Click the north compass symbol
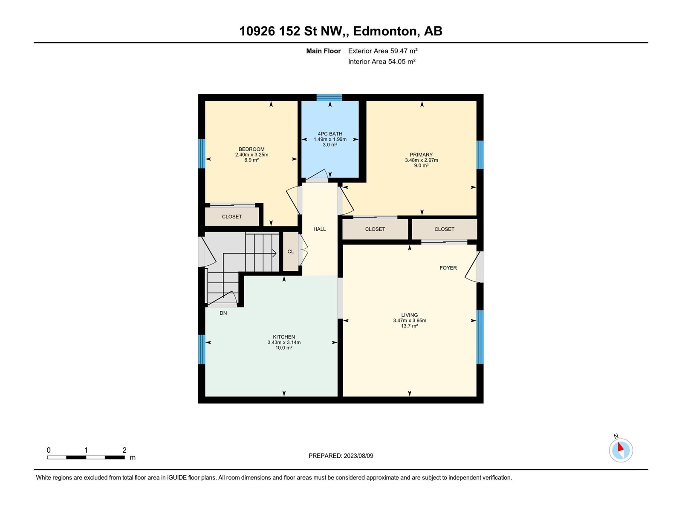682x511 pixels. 621,450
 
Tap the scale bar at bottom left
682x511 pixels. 86,457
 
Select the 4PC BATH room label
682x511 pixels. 330,134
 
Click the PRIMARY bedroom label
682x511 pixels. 421,155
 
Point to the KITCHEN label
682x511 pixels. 284,337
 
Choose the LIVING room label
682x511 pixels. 410,315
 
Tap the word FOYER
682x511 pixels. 448,268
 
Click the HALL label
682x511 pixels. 319,229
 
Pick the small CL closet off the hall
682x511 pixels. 291,251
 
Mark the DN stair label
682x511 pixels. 223,313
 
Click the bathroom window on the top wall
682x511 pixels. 329,98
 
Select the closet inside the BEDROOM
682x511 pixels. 232,217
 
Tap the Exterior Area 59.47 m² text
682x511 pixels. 383,51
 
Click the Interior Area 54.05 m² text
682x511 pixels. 381,61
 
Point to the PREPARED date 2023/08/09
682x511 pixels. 341,456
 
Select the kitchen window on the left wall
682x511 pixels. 202,349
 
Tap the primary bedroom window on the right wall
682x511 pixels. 480,155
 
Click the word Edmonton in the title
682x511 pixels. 385,31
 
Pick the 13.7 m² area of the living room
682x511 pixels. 410,326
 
